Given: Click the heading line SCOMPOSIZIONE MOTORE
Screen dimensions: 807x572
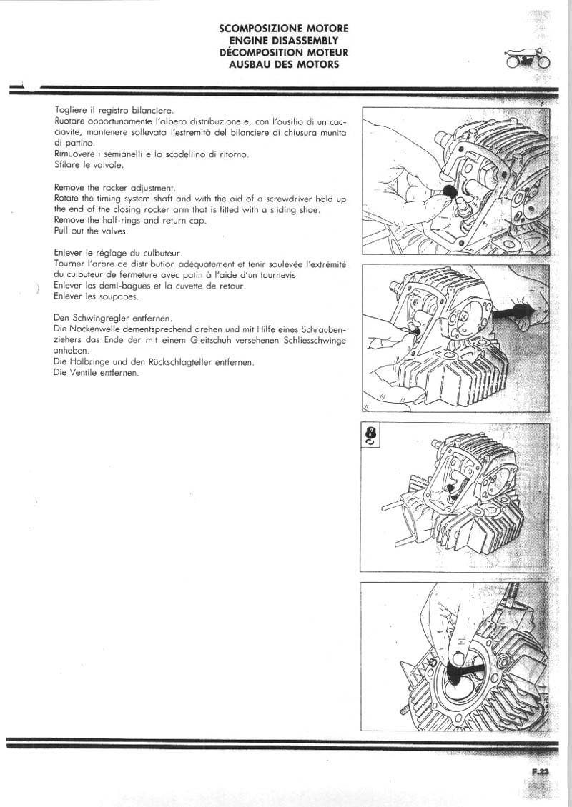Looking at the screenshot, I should [284, 29].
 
